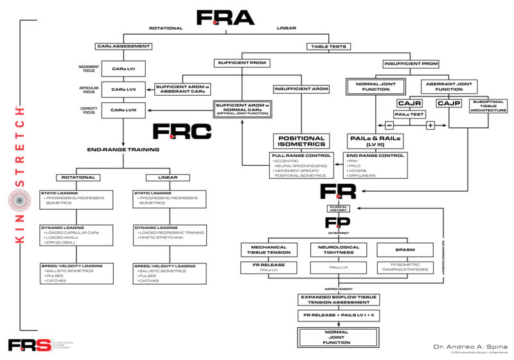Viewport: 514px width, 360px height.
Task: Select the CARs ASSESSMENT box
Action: pos(122,47)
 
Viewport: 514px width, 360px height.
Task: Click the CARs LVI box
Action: pos(122,68)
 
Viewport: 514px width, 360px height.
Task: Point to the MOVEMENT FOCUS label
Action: pos(89,68)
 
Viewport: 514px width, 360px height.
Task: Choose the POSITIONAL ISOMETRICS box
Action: pos(300,140)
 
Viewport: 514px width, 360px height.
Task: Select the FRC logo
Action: pos(181,132)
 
